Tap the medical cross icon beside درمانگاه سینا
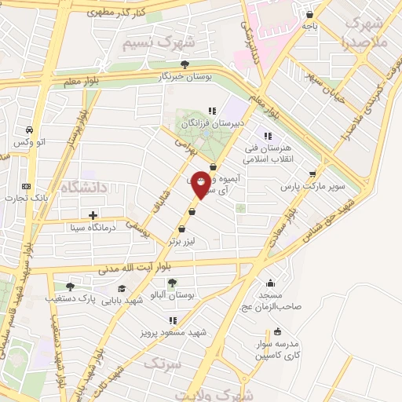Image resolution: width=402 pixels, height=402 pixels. click(93, 215)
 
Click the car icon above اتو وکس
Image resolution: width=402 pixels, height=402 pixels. click(28, 130)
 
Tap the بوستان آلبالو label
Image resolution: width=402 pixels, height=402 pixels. click(172, 295)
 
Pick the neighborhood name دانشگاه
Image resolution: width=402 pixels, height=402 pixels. click(82, 187)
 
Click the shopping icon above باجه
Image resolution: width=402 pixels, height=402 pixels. click(310, 14)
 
